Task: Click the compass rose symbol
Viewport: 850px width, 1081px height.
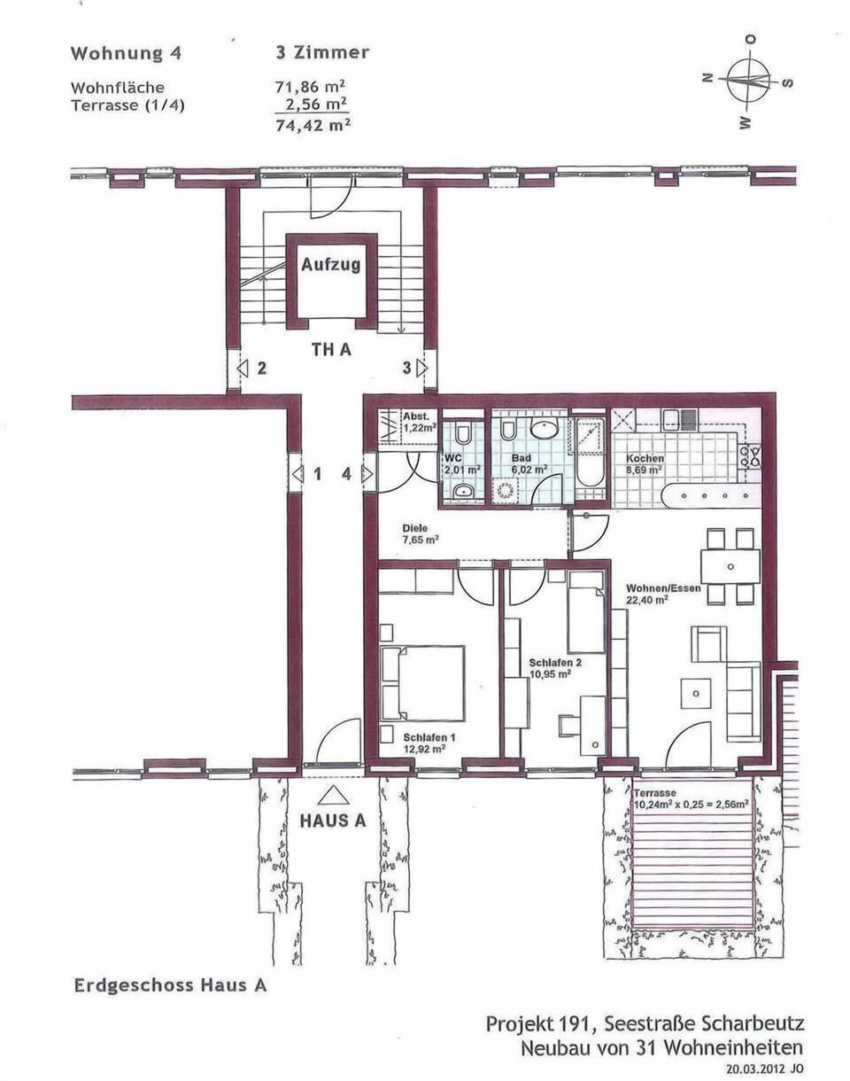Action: click(x=749, y=81)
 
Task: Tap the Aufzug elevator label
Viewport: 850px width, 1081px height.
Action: click(x=330, y=264)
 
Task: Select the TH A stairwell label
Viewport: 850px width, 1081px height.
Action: click(x=330, y=349)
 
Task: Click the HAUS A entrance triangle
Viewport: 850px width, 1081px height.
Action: click(x=333, y=795)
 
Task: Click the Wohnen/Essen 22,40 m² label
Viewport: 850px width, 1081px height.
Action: click(x=663, y=594)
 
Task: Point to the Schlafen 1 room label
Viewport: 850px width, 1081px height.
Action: click(x=429, y=743)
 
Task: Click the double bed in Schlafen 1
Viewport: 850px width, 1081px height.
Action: click(x=423, y=682)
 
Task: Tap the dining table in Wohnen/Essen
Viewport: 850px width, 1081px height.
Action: click(x=730, y=566)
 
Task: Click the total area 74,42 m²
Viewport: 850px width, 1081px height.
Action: click(x=313, y=125)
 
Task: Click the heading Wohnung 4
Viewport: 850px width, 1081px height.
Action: click(x=126, y=53)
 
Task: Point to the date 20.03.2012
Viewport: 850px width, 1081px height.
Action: click(x=755, y=1069)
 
